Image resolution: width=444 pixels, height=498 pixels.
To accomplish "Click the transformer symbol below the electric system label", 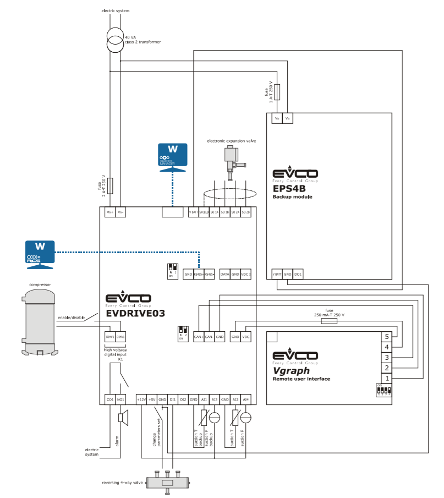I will (115, 41).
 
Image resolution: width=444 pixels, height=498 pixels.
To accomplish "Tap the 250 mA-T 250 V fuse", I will (329, 320).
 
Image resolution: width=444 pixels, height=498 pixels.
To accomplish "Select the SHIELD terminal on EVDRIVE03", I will (204, 212).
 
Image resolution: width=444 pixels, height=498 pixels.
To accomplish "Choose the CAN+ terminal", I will (199, 336).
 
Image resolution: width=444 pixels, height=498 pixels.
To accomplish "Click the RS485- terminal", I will (209, 274).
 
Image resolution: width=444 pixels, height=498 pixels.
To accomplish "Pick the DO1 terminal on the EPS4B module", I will (298, 273).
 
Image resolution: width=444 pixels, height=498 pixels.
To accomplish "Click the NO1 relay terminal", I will (120, 399).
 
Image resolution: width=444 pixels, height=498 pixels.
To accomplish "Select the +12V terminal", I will (141, 399).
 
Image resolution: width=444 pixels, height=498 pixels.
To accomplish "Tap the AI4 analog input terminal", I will (246, 399).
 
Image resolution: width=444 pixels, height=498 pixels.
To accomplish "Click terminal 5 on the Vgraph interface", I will (387, 336).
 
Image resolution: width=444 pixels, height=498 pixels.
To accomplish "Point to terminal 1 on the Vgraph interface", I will (387, 378).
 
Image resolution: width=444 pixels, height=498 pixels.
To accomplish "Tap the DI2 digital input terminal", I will (183, 399).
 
